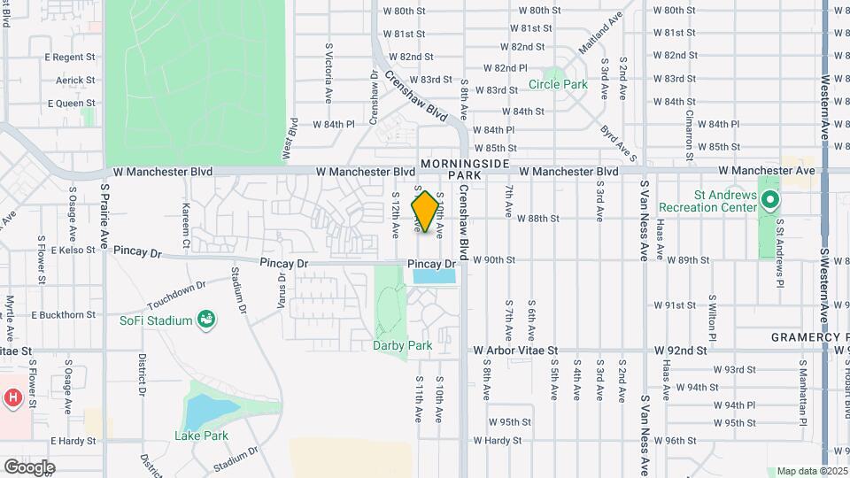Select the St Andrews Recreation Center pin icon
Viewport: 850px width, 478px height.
[x=770, y=200]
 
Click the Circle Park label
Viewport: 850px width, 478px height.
[x=558, y=85]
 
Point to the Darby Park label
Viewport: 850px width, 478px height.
[x=403, y=345]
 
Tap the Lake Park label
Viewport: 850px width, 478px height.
[x=202, y=436]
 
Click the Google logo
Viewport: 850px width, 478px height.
[x=29, y=466]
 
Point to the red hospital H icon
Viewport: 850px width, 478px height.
[x=12, y=397]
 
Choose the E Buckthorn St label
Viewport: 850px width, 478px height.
[x=64, y=315]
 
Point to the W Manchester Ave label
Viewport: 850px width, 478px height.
[x=766, y=170]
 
